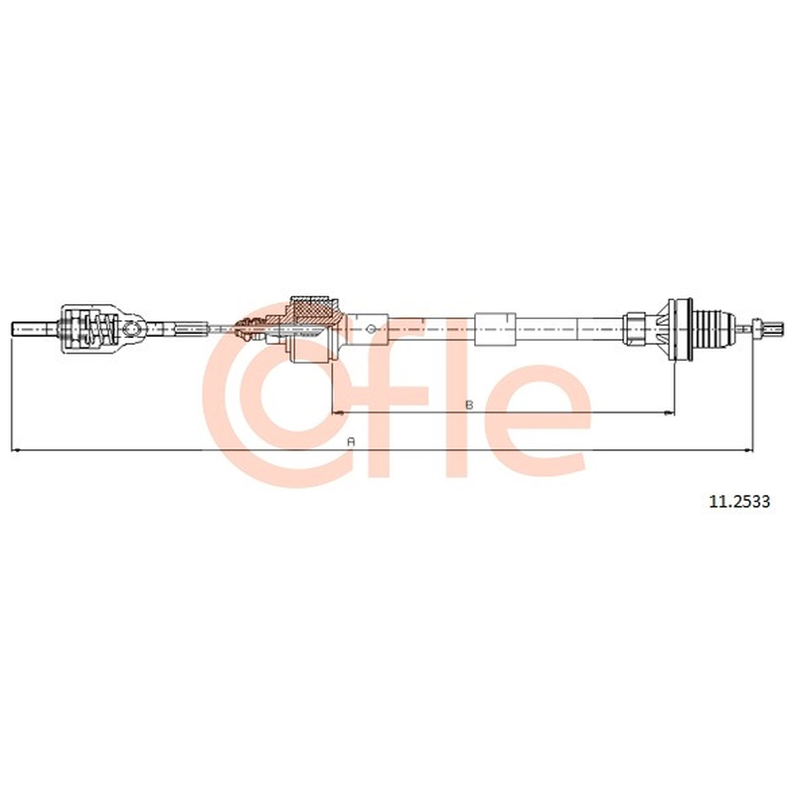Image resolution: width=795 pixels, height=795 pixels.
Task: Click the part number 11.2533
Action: [738, 502]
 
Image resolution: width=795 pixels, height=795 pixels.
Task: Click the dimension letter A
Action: [351, 441]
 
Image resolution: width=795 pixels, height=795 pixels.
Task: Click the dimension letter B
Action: [469, 404]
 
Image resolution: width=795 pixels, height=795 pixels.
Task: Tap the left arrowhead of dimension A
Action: [15, 450]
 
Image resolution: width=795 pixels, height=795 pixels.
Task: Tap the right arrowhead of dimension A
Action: [748, 450]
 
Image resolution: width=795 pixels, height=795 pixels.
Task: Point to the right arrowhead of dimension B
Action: [670, 413]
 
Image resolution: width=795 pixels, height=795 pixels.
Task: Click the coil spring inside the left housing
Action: [96, 329]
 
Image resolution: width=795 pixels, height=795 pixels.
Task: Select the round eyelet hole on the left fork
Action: [132, 329]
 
